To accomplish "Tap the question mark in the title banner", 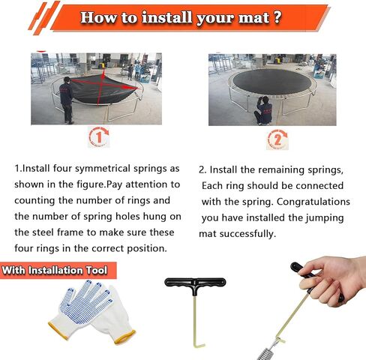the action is pos(277,17).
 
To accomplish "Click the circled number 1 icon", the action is pos(99,136).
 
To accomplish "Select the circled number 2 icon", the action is pos(277,139).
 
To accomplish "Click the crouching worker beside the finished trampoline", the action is pos(263,110).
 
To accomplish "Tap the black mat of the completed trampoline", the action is pos(271,82).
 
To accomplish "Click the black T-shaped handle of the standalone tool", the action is pos(195,283).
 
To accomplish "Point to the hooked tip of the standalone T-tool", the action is pos(199,346).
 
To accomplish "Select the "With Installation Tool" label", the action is pos(55,270).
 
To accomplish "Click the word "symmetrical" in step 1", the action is pos(103,169).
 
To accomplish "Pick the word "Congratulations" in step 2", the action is pos(313,202).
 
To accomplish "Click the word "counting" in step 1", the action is pos(34,201).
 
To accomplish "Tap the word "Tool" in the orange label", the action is pos(96,270).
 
